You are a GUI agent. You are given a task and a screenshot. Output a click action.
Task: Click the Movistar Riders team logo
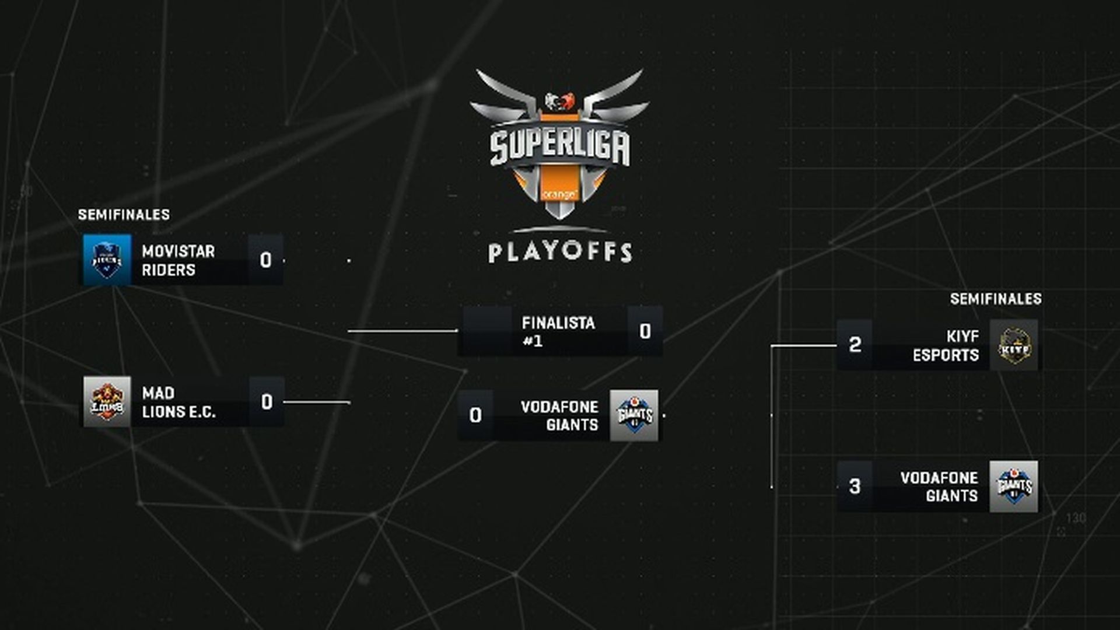click(107, 260)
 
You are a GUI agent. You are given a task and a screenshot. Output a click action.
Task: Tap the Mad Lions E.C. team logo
click(107, 402)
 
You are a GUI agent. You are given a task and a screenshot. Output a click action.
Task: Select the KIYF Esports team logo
click(1014, 345)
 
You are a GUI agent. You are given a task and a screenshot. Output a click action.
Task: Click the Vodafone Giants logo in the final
click(634, 415)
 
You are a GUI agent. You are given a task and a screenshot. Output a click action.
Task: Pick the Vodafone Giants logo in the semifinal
click(1014, 487)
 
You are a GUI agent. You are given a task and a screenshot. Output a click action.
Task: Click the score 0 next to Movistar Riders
click(266, 260)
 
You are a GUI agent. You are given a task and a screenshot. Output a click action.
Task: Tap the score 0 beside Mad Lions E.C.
click(267, 402)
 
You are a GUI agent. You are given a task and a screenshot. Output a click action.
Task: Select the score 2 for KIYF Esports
click(855, 345)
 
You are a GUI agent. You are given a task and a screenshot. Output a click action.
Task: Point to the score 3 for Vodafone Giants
click(855, 487)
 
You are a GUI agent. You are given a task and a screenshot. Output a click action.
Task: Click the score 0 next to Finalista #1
click(645, 331)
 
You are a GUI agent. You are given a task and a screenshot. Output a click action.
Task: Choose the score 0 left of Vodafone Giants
click(475, 415)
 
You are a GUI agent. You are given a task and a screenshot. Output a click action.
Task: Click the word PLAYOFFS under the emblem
click(560, 253)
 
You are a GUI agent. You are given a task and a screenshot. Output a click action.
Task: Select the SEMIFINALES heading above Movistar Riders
click(124, 215)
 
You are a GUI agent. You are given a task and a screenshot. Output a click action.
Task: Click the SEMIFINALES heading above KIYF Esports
click(996, 299)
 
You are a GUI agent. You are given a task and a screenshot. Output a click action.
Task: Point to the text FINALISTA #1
click(558, 331)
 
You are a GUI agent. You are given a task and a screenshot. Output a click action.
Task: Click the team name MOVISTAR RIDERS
click(178, 261)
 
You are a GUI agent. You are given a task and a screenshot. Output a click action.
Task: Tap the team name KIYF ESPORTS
click(946, 345)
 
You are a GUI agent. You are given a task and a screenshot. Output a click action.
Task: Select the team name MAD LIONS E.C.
click(178, 402)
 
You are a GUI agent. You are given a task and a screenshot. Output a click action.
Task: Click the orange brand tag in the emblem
click(559, 193)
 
